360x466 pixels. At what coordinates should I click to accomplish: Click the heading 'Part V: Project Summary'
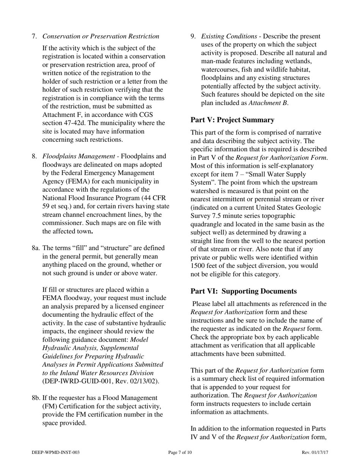tap(232, 120)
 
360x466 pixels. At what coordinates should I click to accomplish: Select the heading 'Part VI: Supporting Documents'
tap(243, 291)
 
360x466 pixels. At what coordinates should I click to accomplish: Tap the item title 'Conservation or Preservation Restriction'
tap(101, 36)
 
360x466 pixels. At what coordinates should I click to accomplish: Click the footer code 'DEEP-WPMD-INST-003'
tap(56, 453)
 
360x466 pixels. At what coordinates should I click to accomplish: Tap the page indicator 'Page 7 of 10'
tap(180, 453)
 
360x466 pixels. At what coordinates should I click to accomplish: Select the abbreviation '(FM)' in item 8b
tap(50, 406)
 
